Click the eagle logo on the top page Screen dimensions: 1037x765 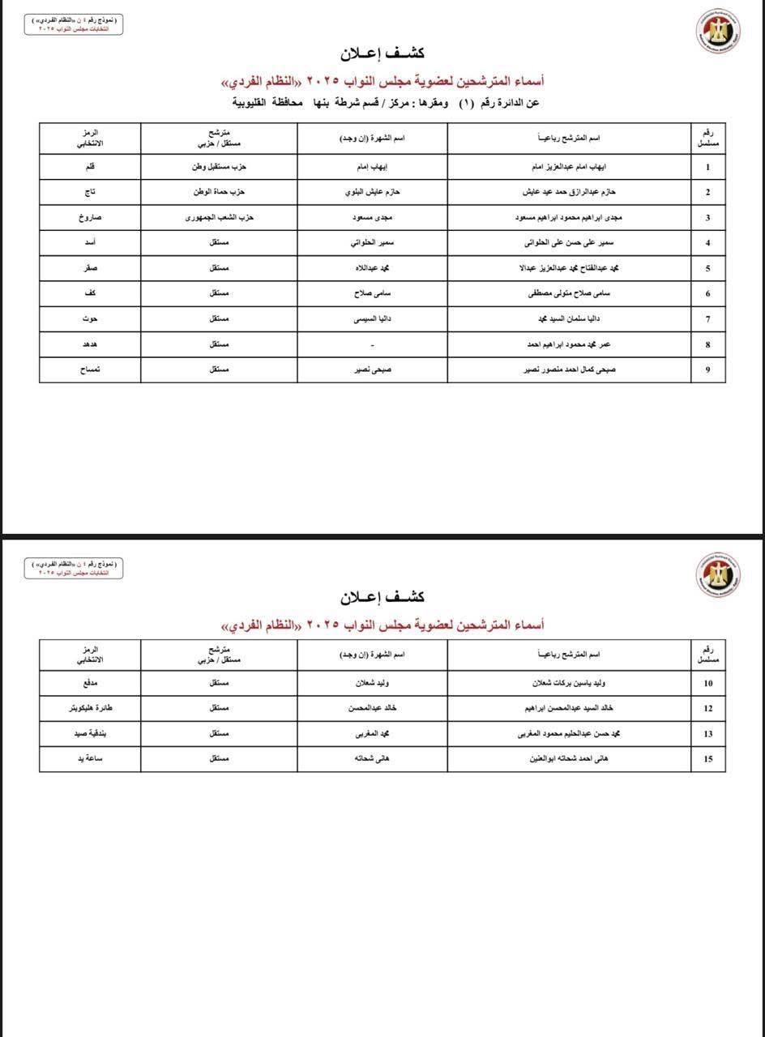pyautogui.click(x=718, y=31)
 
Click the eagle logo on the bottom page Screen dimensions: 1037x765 pyautogui.click(x=718, y=574)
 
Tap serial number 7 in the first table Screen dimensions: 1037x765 pyautogui.click(x=708, y=319)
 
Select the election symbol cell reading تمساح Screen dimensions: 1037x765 pyautogui.click(x=90, y=369)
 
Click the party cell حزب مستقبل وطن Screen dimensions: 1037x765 pyautogui.click(x=219, y=167)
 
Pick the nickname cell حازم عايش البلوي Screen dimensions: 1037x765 pyautogui.click(x=372, y=192)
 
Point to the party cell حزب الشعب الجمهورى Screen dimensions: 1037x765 pyautogui.click(x=219, y=217)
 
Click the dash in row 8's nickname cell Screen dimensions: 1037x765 pyautogui.click(x=372, y=344)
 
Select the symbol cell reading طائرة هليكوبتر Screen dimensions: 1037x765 pyautogui.click(x=90, y=708)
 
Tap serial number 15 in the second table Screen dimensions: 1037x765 pyautogui.click(x=708, y=759)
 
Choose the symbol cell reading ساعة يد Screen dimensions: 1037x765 pyautogui.click(x=90, y=759)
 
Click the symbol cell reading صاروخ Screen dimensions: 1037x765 pyautogui.click(x=90, y=217)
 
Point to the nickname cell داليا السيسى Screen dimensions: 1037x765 pyautogui.click(x=372, y=319)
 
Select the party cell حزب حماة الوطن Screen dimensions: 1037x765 pyautogui.click(x=219, y=192)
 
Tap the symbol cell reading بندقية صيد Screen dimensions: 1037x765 pyautogui.click(x=90, y=734)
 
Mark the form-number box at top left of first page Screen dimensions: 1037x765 pyautogui.click(x=73, y=25)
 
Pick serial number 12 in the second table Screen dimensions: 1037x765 pyautogui.click(x=708, y=708)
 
